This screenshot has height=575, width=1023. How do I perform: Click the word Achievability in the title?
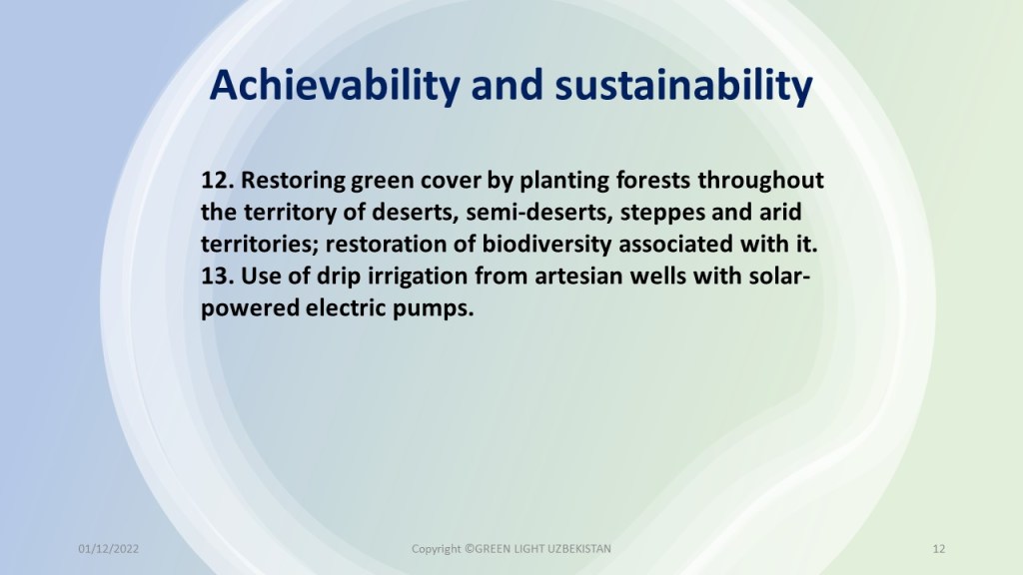(x=335, y=86)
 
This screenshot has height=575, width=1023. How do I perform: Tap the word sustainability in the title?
(x=683, y=86)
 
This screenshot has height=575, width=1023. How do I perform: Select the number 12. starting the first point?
(x=217, y=180)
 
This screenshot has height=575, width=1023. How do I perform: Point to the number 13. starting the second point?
(x=217, y=276)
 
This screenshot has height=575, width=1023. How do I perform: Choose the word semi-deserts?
(x=539, y=213)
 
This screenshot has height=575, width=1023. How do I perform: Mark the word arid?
(x=780, y=212)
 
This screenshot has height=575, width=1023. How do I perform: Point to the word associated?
(x=676, y=245)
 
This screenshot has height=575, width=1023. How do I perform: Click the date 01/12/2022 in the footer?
(x=108, y=549)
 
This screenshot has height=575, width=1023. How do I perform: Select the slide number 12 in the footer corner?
(x=939, y=549)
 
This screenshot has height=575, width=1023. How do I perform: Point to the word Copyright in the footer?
(x=437, y=550)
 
